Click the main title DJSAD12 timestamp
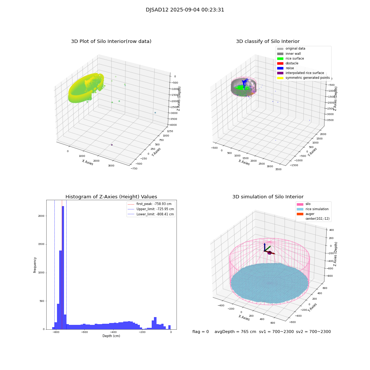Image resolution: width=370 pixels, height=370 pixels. pyautogui.click(x=185, y=10)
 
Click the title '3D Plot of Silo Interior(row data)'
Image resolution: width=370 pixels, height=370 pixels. pyautogui.click(x=111, y=41)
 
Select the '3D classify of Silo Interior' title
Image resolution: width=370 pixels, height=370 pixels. pyautogui.click(x=268, y=41)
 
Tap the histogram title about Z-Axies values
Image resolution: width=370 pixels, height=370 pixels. pyautogui.click(x=111, y=197)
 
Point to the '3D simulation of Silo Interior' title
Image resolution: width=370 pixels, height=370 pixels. pyautogui.click(x=268, y=197)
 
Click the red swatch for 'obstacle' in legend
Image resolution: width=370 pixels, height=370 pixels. pyautogui.click(x=280, y=63)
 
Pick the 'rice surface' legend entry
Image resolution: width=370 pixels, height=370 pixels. pyautogui.click(x=295, y=58)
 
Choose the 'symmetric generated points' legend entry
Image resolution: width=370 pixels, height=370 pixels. pyautogui.click(x=307, y=78)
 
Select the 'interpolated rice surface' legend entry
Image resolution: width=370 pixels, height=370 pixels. pyautogui.click(x=305, y=73)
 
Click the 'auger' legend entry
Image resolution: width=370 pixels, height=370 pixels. pyautogui.click(x=310, y=214)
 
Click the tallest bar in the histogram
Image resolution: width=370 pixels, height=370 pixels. pyautogui.click(x=63, y=266)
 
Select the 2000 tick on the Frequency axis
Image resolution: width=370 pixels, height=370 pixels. pyautogui.click(x=42, y=216)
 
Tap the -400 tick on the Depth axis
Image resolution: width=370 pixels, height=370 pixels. pyautogui.click(x=113, y=332)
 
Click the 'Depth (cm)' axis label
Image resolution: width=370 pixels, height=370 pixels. pyautogui.click(x=111, y=336)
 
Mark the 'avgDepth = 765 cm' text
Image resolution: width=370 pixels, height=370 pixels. pyautogui.click(x=235, y=332)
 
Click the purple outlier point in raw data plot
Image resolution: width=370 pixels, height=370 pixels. pyautogui.click(x=112, y=145)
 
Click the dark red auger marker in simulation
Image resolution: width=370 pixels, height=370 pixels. pyautogui.click(x=269, y=253)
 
